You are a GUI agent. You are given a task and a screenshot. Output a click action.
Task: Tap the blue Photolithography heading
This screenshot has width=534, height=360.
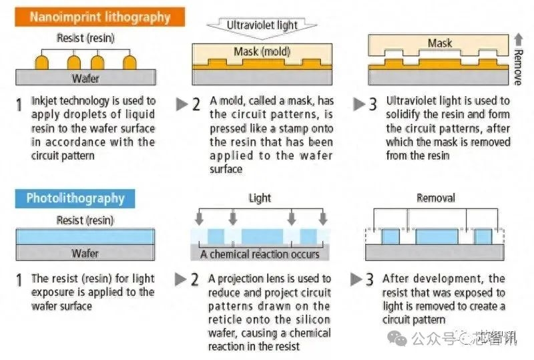pos(75,198)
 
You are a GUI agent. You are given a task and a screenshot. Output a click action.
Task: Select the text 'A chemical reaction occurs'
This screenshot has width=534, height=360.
pos(260,254)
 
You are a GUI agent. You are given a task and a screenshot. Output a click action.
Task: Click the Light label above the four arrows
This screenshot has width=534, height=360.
pos(260,199)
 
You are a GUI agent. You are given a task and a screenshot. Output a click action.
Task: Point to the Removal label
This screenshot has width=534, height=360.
pos(435,198)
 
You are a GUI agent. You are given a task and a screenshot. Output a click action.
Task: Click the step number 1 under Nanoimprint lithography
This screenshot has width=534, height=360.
pos(19,104)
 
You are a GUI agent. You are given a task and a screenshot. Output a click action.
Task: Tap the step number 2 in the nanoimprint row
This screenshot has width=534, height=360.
pos(196,104)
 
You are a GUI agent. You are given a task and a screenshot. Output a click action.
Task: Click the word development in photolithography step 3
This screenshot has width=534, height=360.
pos(444,279)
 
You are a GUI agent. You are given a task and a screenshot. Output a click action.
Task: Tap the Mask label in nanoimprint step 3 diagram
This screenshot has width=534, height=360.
pos(440,43)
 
